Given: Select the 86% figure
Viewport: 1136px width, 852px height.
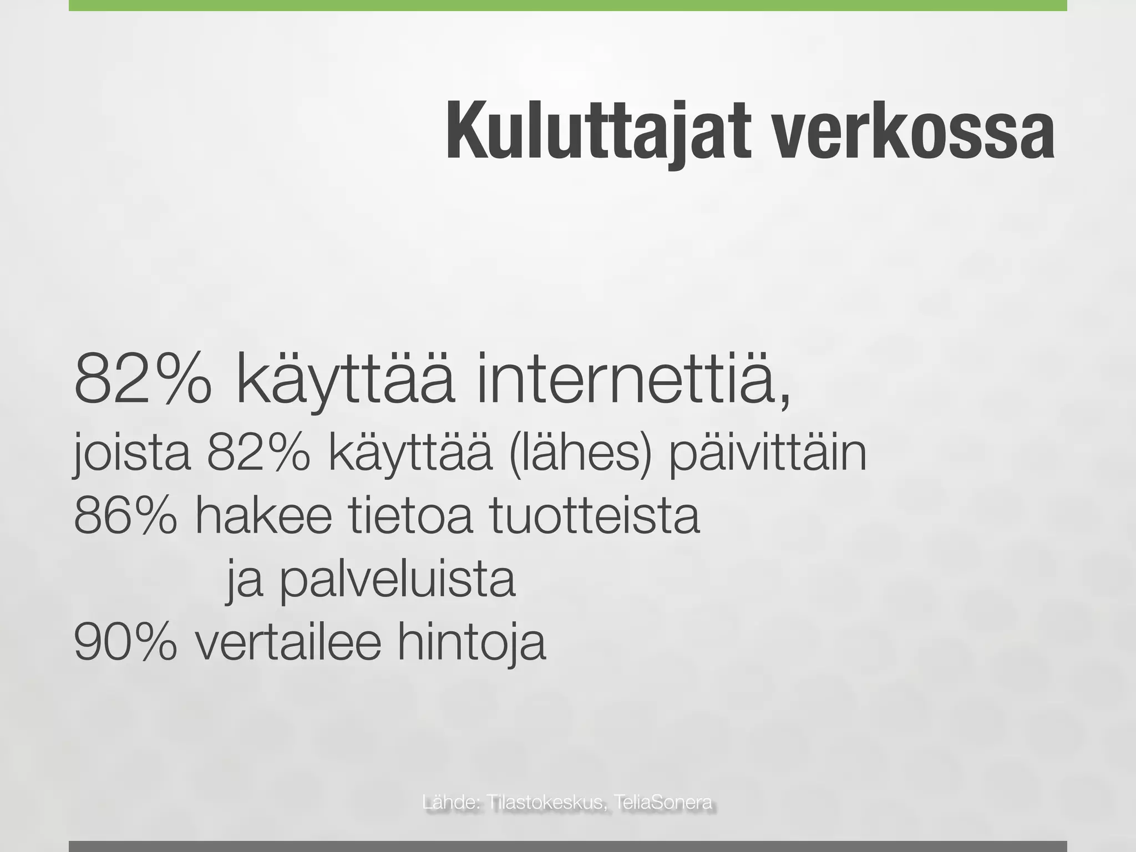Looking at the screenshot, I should (x=125, y=516).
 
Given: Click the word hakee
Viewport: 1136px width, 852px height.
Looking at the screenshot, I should (x=263, y=516).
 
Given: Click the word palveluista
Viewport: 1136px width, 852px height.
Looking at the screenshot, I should (x=397, y=581).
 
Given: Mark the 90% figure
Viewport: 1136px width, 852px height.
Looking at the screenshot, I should (x=125, y=643).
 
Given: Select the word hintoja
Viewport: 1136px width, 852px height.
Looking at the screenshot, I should (x=471, y=643).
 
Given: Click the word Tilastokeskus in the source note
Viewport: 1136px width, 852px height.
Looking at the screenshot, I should (x=546, y=803).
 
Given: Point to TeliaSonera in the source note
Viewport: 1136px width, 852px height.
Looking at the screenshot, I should (x=663, y=803).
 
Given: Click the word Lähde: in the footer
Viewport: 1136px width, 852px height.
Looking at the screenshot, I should (x=450, y=803).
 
